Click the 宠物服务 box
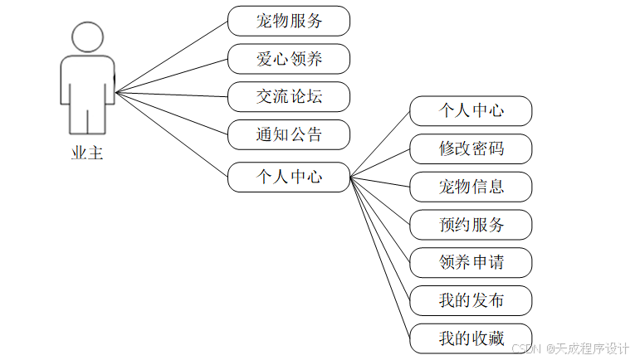tap(289, 21)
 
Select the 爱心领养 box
tap(289, 59)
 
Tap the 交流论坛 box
tap(289, 97)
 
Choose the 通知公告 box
tap(289, 134)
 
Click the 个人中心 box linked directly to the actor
tap(289, 177)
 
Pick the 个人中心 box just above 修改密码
tap(471, 110)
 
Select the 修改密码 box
tap(471, 148)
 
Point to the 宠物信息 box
tap(471, 187)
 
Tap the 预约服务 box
tap(471, 225)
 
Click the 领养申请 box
tap(471, 263)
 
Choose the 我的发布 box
tap(471, 300)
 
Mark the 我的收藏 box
tap(471, 338)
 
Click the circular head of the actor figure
tap(87, 37)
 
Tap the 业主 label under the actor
tap(87, 153)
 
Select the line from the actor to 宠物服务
tap(172, 56)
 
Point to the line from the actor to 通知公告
tap(172, 113)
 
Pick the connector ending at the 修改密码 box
tap(381, 163)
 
